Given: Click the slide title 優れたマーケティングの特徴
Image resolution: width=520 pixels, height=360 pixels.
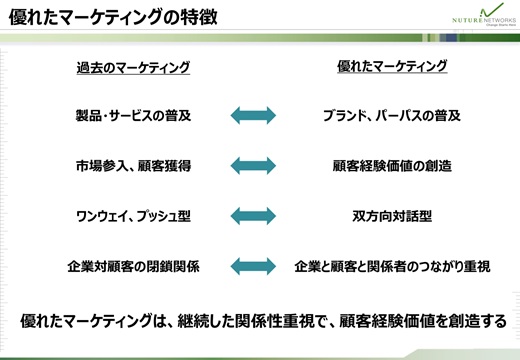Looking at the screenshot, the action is coord(113,17).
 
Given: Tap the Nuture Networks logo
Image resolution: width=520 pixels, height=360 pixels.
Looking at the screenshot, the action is coord(484,15).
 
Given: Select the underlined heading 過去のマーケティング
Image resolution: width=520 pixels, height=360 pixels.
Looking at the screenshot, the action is coord(133,68).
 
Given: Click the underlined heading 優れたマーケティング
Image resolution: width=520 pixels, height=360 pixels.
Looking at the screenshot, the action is coord(392,66).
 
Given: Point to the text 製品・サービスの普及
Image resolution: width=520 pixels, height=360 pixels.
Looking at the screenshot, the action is coord(133,116).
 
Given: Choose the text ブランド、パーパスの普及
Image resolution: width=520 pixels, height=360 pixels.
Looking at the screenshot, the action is coord(392,116).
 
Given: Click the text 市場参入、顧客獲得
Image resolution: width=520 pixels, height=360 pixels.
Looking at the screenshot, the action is coord(133,166).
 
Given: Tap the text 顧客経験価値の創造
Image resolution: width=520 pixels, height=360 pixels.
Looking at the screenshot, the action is coord(392,166).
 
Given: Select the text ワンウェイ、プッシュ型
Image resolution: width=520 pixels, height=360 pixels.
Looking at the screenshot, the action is coord(133,216).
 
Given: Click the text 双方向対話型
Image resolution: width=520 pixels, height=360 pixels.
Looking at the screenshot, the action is coord(392,216).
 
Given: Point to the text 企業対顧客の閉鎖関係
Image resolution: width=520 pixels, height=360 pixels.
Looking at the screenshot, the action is coord(133,266).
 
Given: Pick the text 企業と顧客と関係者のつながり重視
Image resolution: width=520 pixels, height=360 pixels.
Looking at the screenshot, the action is coord(392,266).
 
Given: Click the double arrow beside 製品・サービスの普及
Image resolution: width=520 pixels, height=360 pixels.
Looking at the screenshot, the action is coord(253,115).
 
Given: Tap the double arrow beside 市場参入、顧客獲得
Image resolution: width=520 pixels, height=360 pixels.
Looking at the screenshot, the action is coord(253,166).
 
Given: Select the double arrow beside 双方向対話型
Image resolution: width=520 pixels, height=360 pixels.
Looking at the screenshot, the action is coord(253,216).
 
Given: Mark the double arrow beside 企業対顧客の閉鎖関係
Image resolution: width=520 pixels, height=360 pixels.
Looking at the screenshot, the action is coord(253,266).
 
